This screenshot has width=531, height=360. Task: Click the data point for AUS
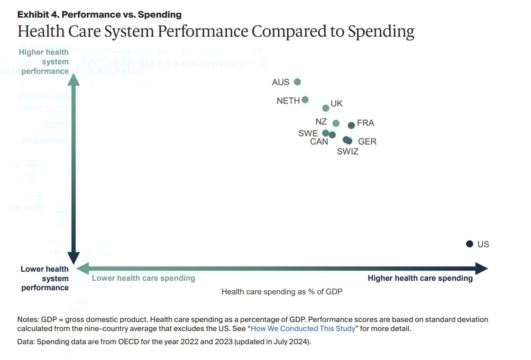coord(297,82)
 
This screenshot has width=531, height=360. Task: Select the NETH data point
coord(305,100)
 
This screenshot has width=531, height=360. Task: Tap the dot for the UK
coord(326,108)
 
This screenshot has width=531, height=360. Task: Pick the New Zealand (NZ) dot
coord(336,123)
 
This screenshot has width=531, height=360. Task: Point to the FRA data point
coord(351,125)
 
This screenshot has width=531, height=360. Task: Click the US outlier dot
coord(469,244)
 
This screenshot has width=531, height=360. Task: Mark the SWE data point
coord(325,133)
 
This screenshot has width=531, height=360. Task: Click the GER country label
coord(367,141)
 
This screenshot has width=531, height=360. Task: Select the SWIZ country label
coord(348,152)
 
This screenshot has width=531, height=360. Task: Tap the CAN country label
coord(319,141)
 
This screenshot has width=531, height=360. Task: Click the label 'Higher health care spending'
coord(420,278)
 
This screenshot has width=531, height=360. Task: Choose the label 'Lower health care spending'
coord(143,278)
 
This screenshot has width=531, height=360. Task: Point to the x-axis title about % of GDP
coord(282,292)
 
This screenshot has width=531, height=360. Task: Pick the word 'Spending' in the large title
coord(381,31)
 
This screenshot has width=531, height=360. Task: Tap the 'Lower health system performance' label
coord(45,278)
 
